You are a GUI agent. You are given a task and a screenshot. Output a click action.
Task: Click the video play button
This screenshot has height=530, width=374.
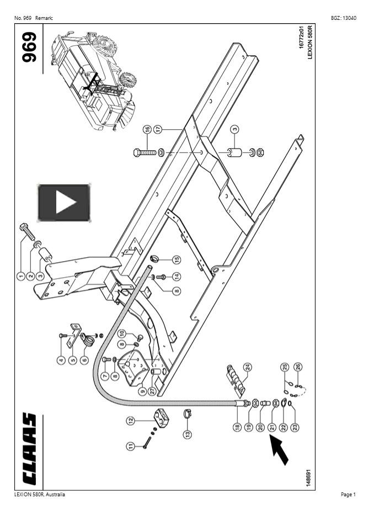(x=63, y=203)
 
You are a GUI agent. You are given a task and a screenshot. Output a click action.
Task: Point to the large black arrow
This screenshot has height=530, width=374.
(x=280, y=449)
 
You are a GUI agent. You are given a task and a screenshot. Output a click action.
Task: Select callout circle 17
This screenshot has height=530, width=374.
(x=158, y=129)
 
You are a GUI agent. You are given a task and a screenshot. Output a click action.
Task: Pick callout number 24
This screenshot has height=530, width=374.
(x=248, y=367)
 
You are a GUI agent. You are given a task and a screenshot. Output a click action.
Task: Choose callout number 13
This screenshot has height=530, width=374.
(x=188, y=434)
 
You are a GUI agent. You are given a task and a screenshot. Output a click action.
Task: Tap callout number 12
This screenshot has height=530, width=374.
(x=131, y=420)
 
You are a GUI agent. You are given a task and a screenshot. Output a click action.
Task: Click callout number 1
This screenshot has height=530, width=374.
(x=20, y=276)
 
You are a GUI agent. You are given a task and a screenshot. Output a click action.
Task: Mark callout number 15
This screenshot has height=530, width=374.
(x=176, y=259)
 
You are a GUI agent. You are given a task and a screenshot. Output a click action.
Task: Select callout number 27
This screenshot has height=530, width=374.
(x=152, y=391)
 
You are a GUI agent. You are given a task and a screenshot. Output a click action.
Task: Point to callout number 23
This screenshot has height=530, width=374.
(x=295, y=426)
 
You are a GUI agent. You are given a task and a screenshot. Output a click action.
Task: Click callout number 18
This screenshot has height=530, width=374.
(x=237, y=426)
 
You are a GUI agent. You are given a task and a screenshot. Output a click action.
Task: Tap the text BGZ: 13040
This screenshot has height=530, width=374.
(x=343, y=18)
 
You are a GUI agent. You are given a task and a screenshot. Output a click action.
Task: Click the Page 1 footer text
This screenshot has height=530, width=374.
(x=348, y=494)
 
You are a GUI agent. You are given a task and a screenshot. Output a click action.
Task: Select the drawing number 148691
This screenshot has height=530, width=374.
(x=308, y=478)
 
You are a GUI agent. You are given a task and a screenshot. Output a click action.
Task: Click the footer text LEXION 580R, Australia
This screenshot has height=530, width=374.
(x=39, y=494)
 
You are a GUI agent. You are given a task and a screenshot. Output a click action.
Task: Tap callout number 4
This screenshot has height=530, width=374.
(x=61, y=360)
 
